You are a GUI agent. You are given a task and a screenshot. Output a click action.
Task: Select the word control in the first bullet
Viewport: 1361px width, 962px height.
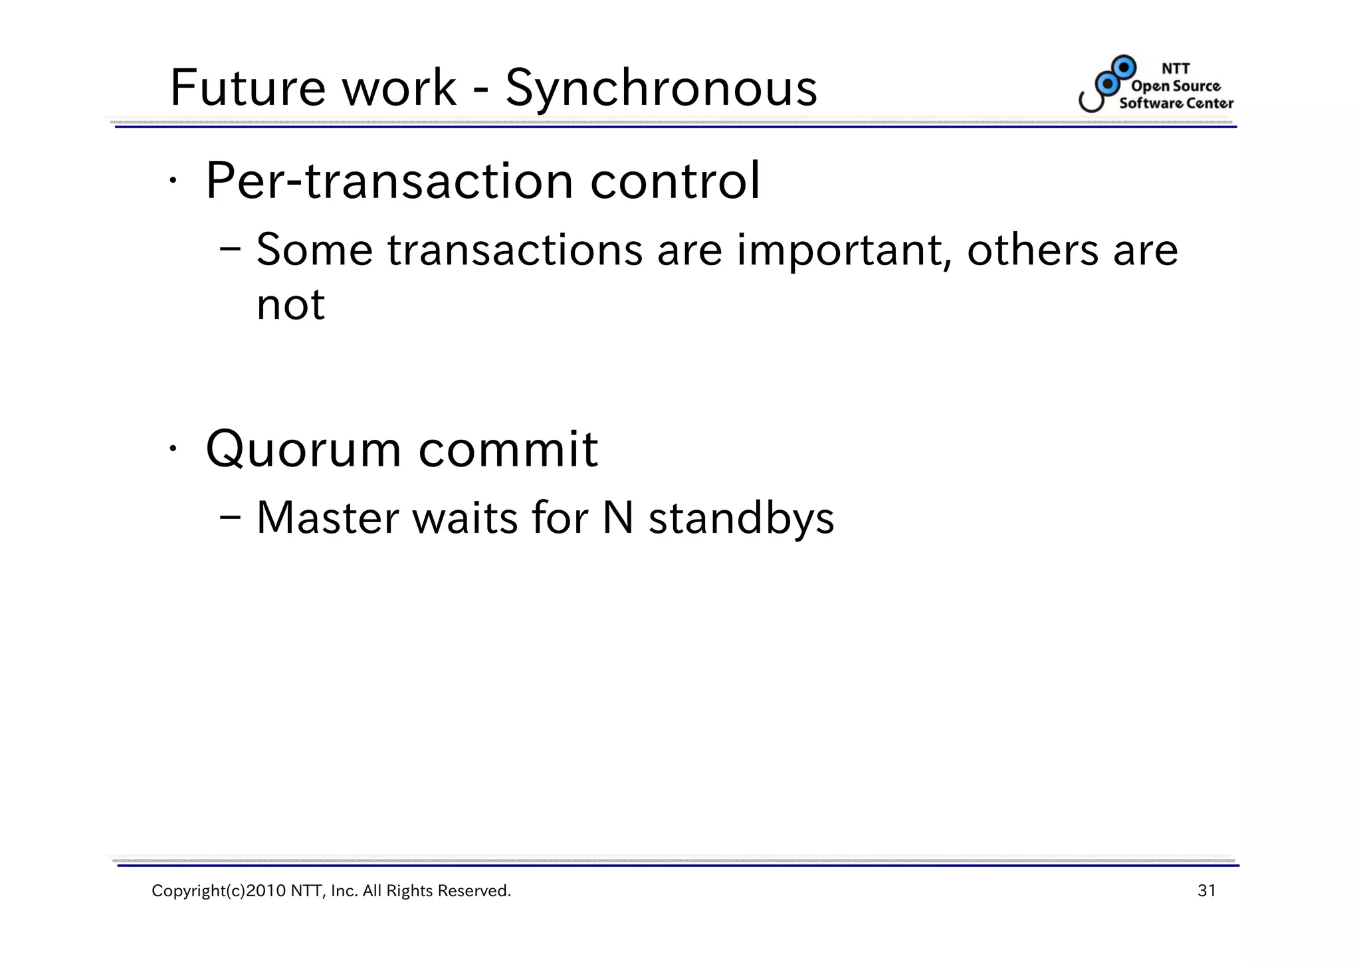coord(675,181)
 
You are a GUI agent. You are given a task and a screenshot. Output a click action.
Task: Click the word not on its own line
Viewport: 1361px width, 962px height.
coord(290,305)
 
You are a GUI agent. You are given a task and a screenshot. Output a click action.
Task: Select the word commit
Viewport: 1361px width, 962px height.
coord(508,450)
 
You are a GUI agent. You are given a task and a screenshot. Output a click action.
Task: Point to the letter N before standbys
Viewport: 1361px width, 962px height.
coord(617,518)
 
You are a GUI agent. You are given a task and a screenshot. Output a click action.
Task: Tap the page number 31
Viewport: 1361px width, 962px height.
coord(1206,891)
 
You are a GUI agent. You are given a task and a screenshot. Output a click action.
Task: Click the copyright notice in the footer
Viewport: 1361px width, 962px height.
coord(331,891)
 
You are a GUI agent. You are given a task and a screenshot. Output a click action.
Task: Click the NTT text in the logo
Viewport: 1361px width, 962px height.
coord(1176,68)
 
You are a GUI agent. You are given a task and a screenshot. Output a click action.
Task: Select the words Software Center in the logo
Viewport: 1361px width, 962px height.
coord(1176,103)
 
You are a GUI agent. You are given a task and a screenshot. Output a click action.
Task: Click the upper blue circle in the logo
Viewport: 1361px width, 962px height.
coord(1124,67)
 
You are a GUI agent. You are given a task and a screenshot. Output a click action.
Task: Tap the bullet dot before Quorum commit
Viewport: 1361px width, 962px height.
coord(172,449)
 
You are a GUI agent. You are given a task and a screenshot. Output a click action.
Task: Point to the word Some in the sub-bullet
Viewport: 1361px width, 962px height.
coord(314,251)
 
